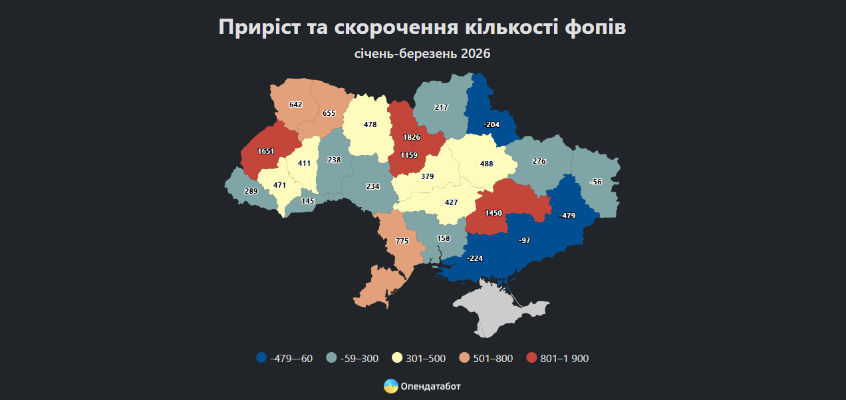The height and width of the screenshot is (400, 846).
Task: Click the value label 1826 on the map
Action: tap(411, 137)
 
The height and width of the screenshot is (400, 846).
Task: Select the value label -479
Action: tap(567, 216)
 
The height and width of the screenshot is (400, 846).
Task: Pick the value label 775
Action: tap(402, 241)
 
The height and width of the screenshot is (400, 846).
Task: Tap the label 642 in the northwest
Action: tap(296, 104)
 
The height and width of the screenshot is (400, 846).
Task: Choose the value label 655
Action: tap(329, 113)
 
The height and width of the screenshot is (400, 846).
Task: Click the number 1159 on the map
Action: tap(408, 155)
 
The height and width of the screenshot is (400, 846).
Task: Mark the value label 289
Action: tap(251, 192)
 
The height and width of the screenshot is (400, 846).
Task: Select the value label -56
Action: tap(595, 182)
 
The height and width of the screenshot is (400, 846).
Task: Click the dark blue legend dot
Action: tap(261, 358)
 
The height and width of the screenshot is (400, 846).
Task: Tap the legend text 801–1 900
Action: tap(565, 359)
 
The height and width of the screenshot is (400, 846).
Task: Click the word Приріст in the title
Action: tap(259, 27)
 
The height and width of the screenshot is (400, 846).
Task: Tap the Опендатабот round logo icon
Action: tap(391, 386)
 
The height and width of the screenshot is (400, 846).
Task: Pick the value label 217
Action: tap(441, 107)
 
